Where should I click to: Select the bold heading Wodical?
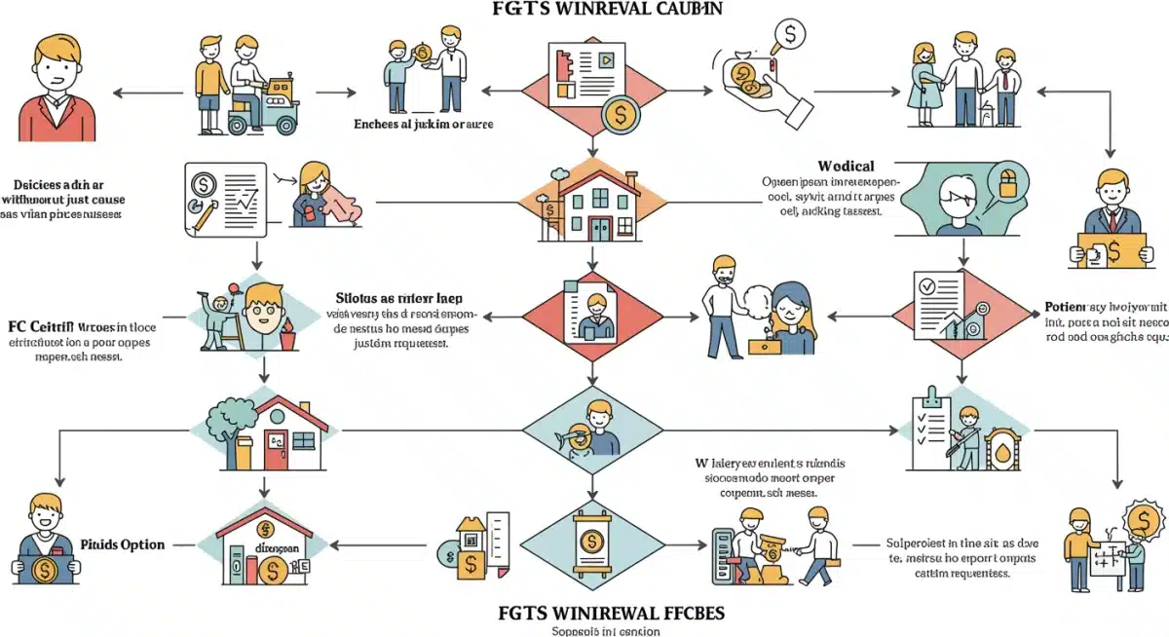point(847,166)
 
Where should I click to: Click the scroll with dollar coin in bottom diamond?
point(589,548)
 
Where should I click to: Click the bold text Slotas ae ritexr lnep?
point(398,299)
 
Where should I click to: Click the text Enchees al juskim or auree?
point(424,125)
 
